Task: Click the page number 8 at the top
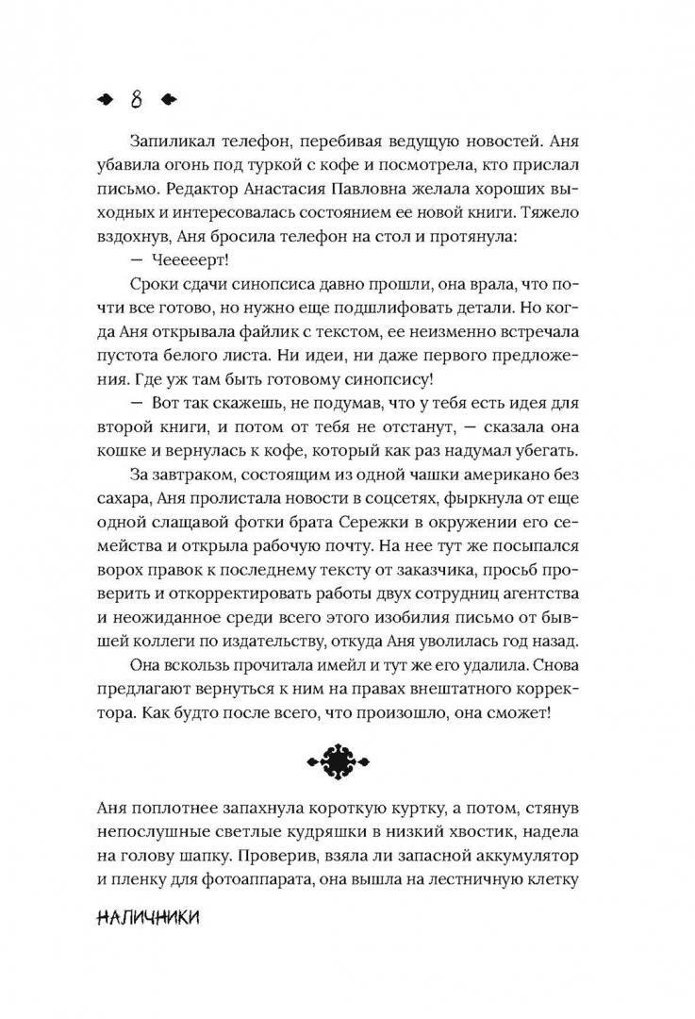(x=137, y=98)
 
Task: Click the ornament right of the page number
(x=167, y=98)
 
